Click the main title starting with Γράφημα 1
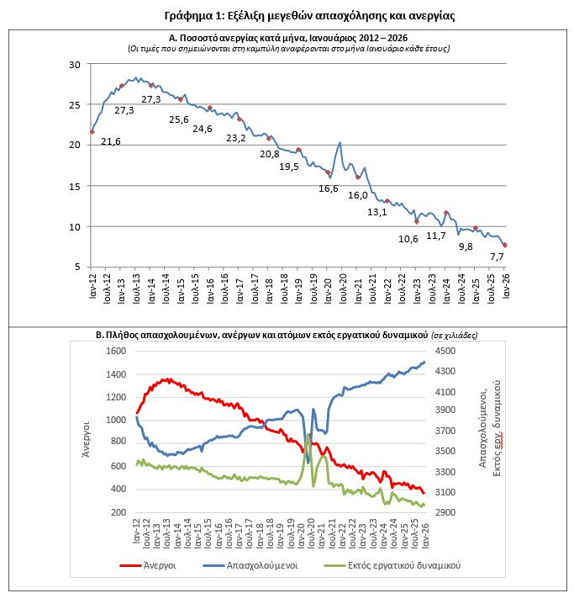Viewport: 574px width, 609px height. [287, 16]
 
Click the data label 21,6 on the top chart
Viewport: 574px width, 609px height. [110, 141]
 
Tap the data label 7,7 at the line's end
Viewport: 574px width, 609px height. [497, 257]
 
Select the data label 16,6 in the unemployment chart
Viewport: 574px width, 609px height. [329, 188]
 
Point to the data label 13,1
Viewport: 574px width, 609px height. [377, 212]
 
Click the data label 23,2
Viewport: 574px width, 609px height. [236, 138]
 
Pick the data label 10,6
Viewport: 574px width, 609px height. [408, 239]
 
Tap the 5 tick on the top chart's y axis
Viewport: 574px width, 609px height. [76, 267]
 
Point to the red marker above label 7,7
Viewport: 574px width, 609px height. [505, 245]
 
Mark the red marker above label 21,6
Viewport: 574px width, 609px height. [92, 132]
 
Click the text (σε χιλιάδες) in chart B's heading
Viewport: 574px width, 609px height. [455, 335]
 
